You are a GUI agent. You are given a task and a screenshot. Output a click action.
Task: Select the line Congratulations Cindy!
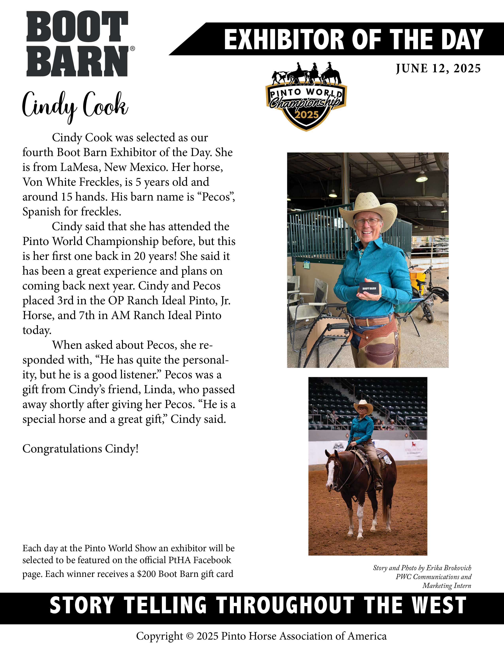81,449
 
